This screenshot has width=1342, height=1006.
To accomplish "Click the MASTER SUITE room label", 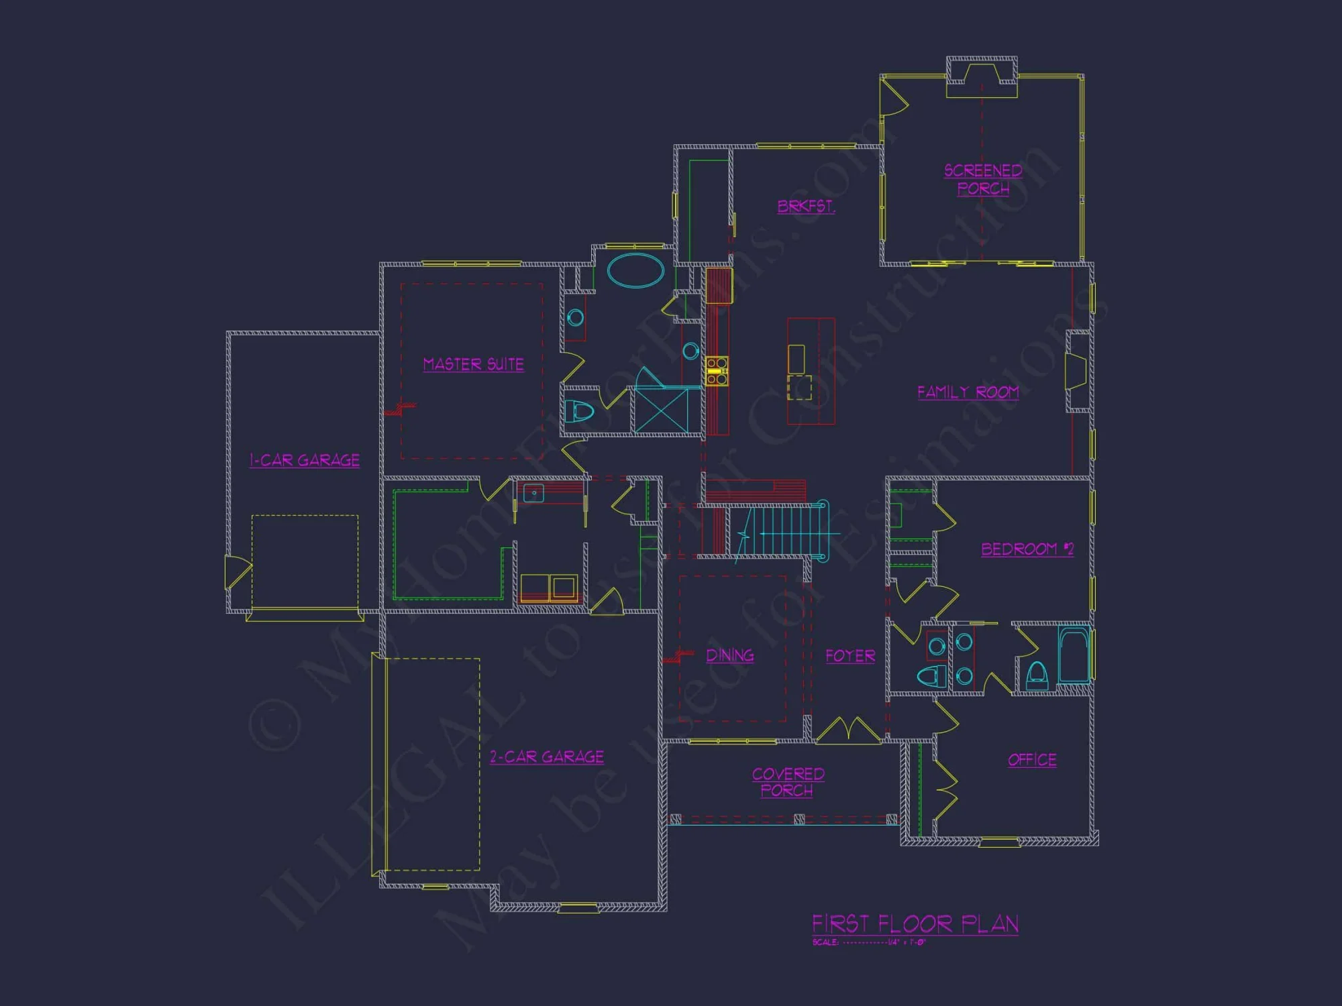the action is pyautogui.click(x=473, y=364).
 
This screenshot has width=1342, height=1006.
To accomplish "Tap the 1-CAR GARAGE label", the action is pyautogui.click(x=305, y=460).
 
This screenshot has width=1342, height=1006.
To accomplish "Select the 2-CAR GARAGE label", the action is pyautogui.click(x=547, y=757).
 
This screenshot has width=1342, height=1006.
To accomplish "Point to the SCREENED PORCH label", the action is pyautogui.click(x=983, y=179).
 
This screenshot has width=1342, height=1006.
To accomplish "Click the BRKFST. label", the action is pyautogui.click(x=806, y=206).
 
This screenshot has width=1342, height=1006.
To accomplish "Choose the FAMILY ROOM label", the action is pyautogui.click(x=968, y=392).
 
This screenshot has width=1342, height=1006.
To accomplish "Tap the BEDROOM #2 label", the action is pyautogui.click(x=1027, y=549).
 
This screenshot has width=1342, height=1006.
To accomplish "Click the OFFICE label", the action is pyautogui.click(x=1032, y=759).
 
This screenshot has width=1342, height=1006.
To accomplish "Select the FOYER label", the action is pyautogui.click(x=850, y=655).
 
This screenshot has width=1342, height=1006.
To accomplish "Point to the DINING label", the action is pyautogui.click(x=730, y=655).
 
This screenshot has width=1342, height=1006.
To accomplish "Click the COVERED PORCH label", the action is pyautogui.click(x=788, y=782).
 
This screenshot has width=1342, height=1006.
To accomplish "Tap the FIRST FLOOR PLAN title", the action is pyautogui.click(x=915, y=924).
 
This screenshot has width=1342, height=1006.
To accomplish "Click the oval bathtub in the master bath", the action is pyautogui.click(x=635, y=270).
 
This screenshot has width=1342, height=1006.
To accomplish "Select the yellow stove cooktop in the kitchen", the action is pyautogui.click(x=716, y=372).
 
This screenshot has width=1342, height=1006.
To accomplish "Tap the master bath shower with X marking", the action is pyautogui.click(x=662, y=410).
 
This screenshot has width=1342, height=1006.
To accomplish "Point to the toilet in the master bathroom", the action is pyautogui.click(x=578, y=411).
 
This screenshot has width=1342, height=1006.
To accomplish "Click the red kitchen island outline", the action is pyautogui.click(x=811, y=371).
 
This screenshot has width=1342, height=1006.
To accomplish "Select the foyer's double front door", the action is pyautogui.click(x=848, y=730).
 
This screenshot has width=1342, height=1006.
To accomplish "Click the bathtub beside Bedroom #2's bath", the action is pyautogui.click(x=1074, y=655).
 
